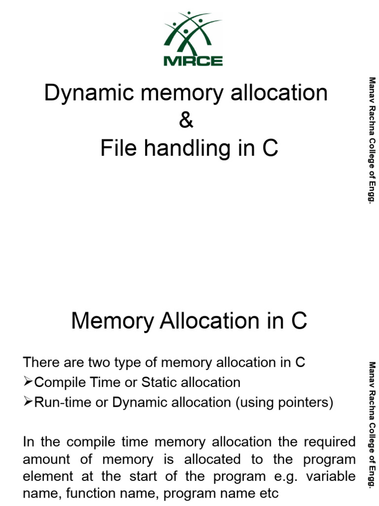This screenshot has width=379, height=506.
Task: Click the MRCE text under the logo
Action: tap(193, 61)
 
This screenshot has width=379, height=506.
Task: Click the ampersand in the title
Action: tap(187, 121)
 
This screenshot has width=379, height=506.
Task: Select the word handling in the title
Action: tap(189, 148)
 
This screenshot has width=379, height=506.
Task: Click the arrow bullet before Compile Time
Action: tap(28, 382)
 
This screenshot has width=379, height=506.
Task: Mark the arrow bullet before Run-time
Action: tap(28, 402)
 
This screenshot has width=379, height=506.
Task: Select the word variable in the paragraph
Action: tap(330, 476)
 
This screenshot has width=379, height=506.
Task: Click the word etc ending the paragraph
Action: tap(267, 493)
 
